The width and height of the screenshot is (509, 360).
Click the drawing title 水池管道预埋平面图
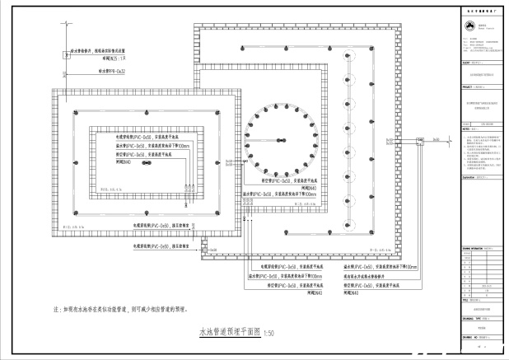pos(228,332)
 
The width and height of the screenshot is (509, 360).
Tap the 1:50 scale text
pos(269,334)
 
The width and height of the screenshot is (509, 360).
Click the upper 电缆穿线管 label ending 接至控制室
pos(161,224)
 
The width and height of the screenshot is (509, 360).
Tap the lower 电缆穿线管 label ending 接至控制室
pos(161,246)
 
